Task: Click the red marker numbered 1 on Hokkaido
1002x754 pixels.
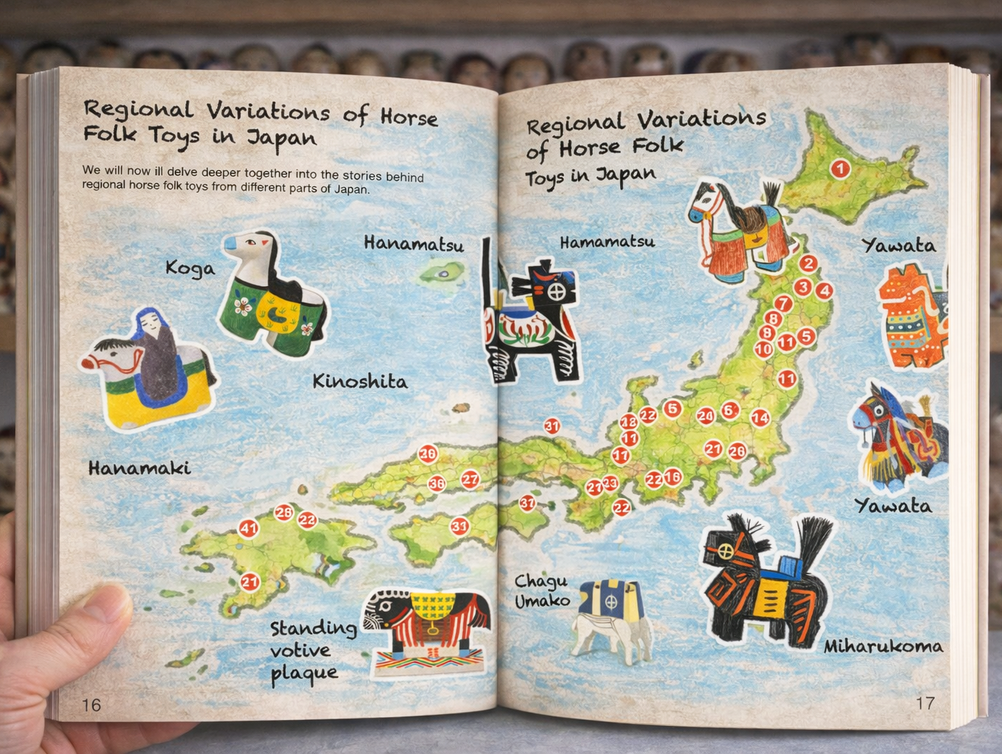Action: coord(840,169)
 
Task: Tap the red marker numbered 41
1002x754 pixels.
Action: coord(248,528)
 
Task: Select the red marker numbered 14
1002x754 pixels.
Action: coord(760,418)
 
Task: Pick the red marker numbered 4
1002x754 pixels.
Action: coord(824,291)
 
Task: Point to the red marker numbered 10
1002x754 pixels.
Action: coord(763,349)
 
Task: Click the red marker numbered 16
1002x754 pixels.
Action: coord(672,477)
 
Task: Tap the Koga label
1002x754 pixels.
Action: coord(190,268)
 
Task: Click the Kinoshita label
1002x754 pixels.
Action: coord(359,381)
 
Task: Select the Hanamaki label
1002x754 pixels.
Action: coord(139,468)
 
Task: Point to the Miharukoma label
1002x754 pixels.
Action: coord(883,646)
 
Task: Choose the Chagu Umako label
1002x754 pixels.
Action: coord(542,591)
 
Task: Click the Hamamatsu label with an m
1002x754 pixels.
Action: coord(607,242)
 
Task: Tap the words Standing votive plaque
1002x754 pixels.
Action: coord(312,650)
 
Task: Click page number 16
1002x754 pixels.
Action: coord(91,705)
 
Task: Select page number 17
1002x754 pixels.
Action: coord(925,703)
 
